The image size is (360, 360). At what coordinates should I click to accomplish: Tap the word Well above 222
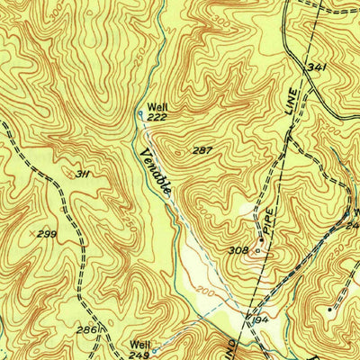[x=157, y=106]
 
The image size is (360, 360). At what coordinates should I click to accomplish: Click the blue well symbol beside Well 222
[x=141, y=114]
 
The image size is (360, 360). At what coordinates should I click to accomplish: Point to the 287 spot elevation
[x=202, y=150]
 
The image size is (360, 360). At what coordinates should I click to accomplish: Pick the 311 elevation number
[x=83, y=174]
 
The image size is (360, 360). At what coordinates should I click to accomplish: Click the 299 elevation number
[x=48, y=234]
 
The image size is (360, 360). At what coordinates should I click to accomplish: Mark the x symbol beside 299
[x=32, y=234]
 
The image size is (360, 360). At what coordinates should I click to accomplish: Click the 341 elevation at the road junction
[x=314, y=67]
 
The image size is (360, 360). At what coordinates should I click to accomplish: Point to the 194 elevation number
[x=261, y=320]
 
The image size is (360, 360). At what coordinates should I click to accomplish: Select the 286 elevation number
[x=86, y=330]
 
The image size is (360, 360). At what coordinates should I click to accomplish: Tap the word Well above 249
[x=139, y=343]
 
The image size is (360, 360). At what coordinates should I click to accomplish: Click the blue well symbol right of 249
[x=155, y=350]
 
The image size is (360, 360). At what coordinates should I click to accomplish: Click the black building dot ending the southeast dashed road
[x=329, y=309]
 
